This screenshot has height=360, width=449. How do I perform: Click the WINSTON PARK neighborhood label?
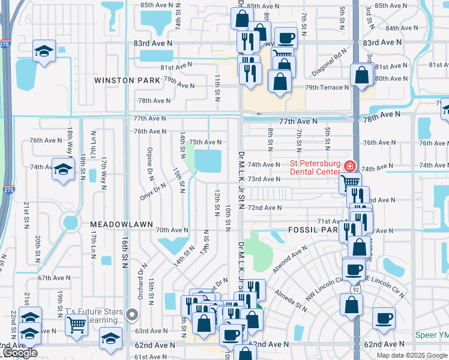127,80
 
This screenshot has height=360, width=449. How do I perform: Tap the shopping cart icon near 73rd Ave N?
350,182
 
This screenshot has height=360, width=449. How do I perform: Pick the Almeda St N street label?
291,300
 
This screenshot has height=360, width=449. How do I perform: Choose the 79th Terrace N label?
327,88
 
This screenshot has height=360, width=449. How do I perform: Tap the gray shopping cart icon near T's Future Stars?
77,325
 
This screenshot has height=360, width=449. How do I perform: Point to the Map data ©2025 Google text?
411,355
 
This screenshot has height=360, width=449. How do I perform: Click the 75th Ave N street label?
205,142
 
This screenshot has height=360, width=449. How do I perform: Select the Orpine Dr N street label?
151,163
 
